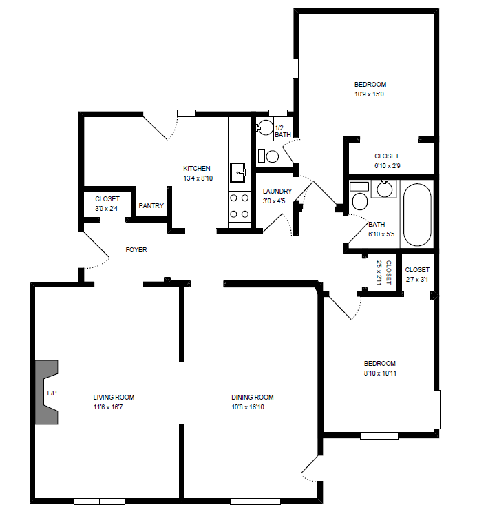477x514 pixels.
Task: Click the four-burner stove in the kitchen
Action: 239,206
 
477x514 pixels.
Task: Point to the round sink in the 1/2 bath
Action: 265,127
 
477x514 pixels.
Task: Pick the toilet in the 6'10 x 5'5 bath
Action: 358,200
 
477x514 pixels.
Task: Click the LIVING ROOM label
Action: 114,397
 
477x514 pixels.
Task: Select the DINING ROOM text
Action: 253,397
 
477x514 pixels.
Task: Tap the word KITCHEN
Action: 197,169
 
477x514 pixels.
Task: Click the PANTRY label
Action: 151,205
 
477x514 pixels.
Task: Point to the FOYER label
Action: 136,250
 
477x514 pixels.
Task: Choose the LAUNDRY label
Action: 277,192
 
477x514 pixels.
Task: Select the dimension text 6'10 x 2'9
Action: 386,166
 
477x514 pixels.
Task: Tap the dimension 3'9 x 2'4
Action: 107,208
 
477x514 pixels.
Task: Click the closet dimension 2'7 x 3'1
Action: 417,279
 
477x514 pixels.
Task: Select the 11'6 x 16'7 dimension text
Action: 114,407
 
